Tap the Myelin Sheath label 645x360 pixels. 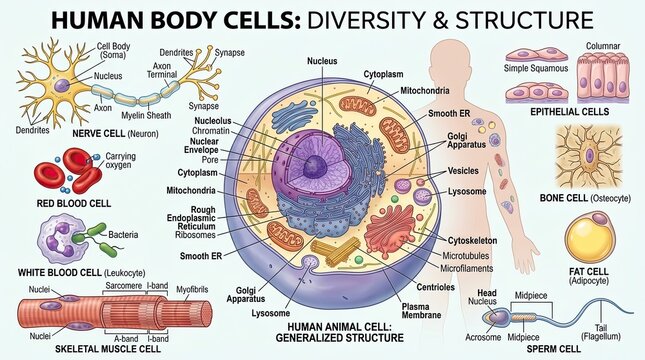point(146,116)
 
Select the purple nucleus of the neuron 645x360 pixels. point(62,86)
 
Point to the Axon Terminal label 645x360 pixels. point(162,70)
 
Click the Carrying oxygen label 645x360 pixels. point(121,160)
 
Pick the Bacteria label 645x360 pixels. point(123,235)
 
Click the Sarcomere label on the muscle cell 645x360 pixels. point(123,286)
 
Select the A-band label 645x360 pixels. point(126,339)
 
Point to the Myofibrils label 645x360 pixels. point(192,290)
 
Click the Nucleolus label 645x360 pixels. point(213,121)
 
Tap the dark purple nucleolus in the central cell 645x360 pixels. point(315,167)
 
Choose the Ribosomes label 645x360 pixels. point(195,235)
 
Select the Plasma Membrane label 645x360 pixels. point(415,311)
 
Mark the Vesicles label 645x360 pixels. point(463,171)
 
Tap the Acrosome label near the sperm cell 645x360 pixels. point(483,337)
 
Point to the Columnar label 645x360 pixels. point(603,46)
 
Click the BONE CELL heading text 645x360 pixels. point(564,198)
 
